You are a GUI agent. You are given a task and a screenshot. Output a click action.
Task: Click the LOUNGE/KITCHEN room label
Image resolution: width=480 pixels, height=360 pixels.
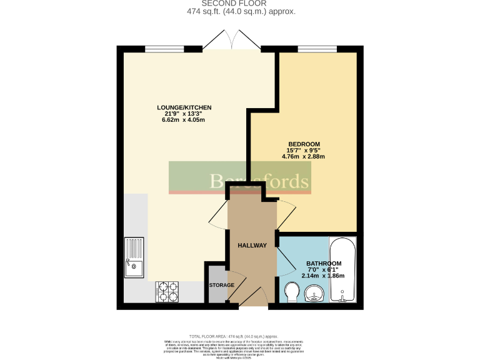coord(184,107)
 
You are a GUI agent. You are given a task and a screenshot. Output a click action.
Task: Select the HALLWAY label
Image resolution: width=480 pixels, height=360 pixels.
coord(252,246)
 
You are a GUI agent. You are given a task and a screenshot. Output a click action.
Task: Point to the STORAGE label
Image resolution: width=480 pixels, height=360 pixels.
coord(221,285)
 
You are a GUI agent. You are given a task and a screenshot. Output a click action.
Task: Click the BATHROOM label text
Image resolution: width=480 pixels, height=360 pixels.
coord(323,263)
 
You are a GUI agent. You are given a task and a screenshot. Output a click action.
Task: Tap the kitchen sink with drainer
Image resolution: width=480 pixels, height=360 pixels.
coord(134,257)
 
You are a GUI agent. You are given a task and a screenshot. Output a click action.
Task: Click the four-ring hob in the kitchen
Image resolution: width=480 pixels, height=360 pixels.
coord(168,291)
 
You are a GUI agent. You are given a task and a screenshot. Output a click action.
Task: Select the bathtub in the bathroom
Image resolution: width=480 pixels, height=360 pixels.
coord(342,269)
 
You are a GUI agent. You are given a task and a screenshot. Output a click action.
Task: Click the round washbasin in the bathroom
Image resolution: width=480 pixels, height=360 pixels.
coord(315,293)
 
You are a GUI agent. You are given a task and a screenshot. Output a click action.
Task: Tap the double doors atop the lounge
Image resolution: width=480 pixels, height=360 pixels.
coord(231,41)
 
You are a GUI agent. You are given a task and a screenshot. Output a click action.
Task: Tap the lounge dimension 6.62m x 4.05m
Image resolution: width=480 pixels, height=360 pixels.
coord(184,121)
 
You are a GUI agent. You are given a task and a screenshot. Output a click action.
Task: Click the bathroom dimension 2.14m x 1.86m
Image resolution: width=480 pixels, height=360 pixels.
coord(323,276)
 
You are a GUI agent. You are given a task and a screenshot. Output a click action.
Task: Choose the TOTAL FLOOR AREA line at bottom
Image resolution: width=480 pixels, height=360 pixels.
coord(241,336)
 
